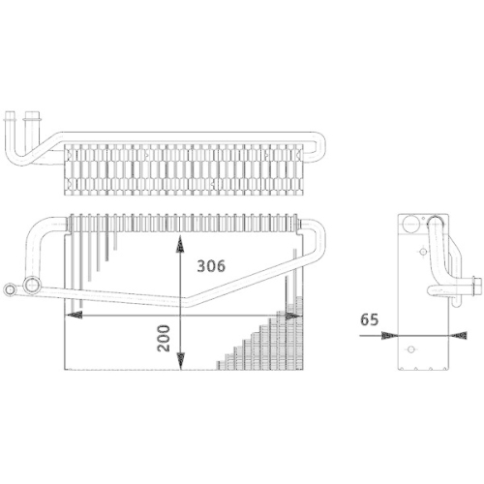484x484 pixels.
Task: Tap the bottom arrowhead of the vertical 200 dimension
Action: [x=179, y=367]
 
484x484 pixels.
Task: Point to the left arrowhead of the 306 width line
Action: [x=70, y=315]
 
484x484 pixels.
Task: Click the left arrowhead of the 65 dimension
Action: [x=389, y=336]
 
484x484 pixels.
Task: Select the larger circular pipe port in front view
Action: [x=32, y=287]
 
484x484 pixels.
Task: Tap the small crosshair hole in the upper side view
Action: [x=423, y=249]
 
